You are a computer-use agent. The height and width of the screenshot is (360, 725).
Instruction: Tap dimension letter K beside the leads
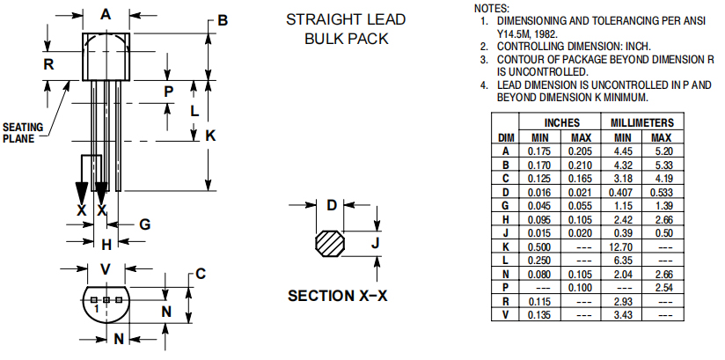pyautogui.click(x=210, y=136)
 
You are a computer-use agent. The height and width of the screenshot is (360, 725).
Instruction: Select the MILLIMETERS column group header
pyautogui.click(x=642, y=123)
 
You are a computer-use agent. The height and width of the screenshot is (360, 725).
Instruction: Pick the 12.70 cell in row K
pyautogui.click(x=622, y=248)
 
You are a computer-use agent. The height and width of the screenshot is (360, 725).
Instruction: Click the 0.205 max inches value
pyautogui.click(x=581, y=151)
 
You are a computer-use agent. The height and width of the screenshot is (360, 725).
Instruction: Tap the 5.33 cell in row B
pyautogui.click(x=662, y=165)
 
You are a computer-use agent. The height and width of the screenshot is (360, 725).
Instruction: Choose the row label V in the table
pyautogui.click(x=506, y=314)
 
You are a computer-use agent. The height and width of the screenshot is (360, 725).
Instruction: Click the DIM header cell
pyautogui.click(x=506, y=137)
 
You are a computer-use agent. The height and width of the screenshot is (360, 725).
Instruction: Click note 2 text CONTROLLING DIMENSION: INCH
pyautogui.click(x=571, y=46)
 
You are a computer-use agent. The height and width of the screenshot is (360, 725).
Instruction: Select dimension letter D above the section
pyautogui.click(x=332, y=205)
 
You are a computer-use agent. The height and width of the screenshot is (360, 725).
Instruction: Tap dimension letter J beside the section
pyautogui.click(x=374, y=242)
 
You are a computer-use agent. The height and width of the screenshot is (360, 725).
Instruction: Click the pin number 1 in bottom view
pyautogui.click(x=94, y=309)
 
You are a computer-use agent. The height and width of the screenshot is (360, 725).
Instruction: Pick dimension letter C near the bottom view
pyautogui.click(x=201, y=274)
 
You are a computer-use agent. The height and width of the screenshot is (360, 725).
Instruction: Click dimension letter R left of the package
pyautogui.click(x=49, y=64)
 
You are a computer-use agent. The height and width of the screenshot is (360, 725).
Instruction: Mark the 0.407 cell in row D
pyautogui.click(x=622, y=191)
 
